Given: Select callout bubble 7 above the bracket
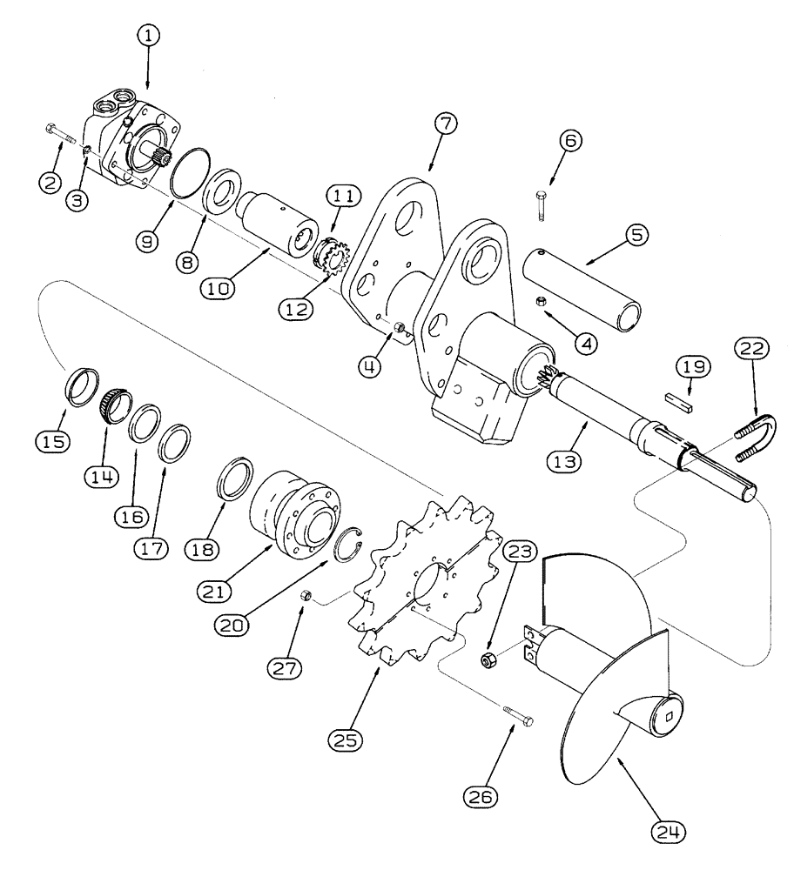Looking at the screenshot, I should [444, 123].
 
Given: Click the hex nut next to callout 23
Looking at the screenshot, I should [490, 660].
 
